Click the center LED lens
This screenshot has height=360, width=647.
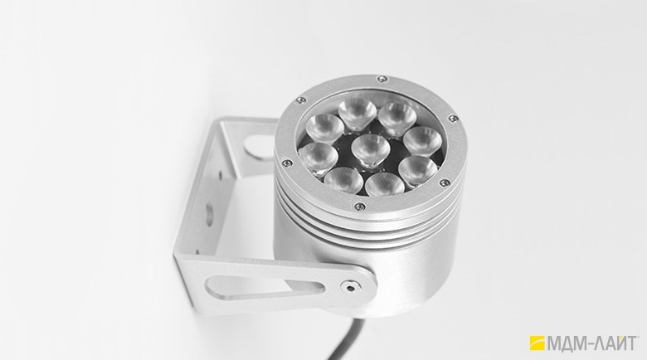tap(371, 150)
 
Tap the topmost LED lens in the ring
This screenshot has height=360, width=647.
tap(358, 113)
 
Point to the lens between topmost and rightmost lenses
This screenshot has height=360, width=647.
tap(398, 119)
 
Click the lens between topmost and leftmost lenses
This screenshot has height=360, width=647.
tap(325, 128)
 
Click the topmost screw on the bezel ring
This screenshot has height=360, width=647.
tap(382, 79)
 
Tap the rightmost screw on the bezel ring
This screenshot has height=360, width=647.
tap(453, 119)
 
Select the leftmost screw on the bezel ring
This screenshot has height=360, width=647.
tap(286, 163)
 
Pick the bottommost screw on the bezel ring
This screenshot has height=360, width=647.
tap(359, 205)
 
